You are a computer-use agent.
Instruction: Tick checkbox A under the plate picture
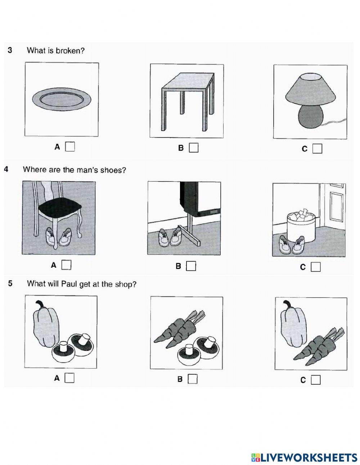70,147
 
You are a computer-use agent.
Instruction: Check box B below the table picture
194,148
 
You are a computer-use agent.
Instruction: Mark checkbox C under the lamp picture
317,149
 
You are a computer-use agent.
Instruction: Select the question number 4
6,169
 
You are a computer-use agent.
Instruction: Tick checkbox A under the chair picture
66,265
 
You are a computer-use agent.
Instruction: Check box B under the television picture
191,266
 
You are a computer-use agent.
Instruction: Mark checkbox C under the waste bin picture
316,267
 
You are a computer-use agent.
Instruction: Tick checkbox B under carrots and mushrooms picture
193,379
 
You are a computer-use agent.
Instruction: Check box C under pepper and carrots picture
316,380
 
